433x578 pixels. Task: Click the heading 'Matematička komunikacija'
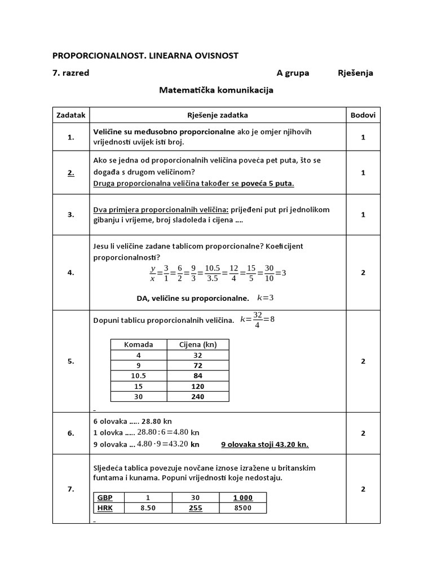(216, 90)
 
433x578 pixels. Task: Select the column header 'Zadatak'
(71, 115)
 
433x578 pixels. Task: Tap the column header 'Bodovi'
(363, 115)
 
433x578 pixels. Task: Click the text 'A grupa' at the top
(293, 73)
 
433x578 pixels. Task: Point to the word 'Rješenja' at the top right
(355, 73)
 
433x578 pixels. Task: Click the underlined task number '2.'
(71, 173)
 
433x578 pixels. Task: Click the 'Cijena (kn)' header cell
(198, 344)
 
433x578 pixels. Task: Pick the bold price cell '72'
(198, 365)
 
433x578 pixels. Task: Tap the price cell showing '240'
(198, 396)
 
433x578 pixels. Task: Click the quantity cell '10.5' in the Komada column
(139, 376)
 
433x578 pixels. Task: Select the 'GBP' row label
(105, 497)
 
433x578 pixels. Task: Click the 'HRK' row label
(105, 507)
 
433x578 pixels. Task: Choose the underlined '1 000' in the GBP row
(243, 497)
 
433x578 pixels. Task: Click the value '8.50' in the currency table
(148, 507)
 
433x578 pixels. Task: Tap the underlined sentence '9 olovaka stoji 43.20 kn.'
(265, 444)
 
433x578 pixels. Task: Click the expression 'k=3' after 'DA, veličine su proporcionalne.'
(265, 297)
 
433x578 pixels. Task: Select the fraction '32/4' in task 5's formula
(258, 320)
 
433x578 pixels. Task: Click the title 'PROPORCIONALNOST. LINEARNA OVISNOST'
(145, 55)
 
